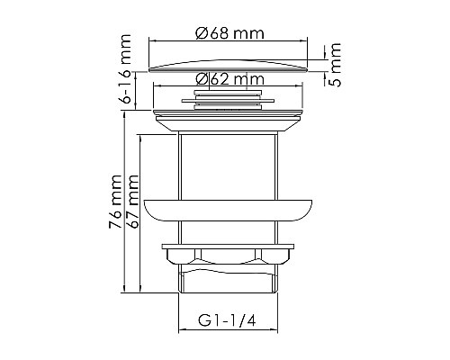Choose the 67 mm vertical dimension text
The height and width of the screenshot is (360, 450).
point(134,200)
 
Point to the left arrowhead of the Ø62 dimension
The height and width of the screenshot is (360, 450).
point(158,85)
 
